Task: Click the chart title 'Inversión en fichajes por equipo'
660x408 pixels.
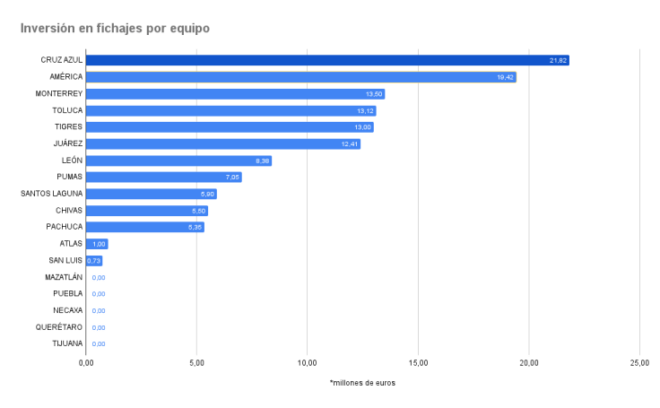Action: pos(115,29)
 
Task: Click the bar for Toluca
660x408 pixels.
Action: pos(230,110)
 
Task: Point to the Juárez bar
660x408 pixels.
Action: pos(223,143)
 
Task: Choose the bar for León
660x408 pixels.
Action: pos(178,161)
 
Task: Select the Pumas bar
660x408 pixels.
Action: pos(163,177)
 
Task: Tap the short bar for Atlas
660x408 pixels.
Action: pos(97,243)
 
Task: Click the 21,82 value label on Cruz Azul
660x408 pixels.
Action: pos(559,60)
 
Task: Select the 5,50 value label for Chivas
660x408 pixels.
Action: pos(198,211)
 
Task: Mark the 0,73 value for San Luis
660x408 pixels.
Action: pos(94,260)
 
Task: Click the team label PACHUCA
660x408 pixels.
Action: pos(65,227)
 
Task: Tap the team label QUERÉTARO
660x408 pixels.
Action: pos(60,326)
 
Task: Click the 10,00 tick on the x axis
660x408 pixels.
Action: pos(307,362)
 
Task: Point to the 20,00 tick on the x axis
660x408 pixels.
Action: pos(529,362)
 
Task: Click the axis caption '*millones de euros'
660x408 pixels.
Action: pos(362,383)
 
